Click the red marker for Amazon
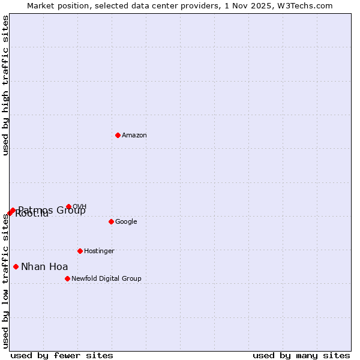click(118, 135)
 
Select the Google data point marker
click(111, 221)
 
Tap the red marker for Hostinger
click(80, 251)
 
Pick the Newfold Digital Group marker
click(67, 278)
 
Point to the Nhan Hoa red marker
click(16, 266)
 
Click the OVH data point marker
click(68, 206)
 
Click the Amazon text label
click(134, 136)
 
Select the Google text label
click(126, 222)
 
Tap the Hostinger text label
click(99, 251)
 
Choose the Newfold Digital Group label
click(106, 279)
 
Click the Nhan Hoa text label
click(44, 267)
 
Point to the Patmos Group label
click(52, 211)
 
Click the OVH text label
click(80, 207)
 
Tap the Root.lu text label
click(32, 214)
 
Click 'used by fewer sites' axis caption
click(62, 356)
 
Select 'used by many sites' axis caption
click(301, 356)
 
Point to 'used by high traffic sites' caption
click(6, 85)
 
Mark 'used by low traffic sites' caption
click(6, 281)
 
